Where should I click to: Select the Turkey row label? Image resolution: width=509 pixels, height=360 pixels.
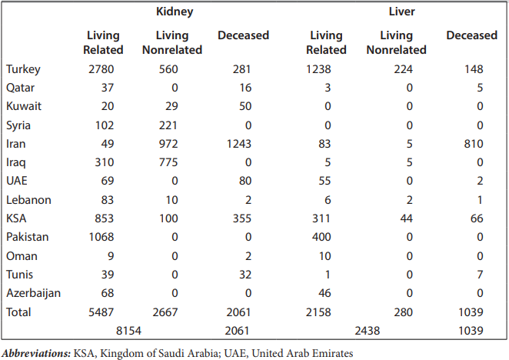pyautogui.click(x=24, y=69)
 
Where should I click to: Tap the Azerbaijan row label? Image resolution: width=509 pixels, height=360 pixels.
pyautogui.click(x=34, y=293)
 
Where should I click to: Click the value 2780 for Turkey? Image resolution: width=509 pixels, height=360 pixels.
pyautogui.click(x=101, y=69)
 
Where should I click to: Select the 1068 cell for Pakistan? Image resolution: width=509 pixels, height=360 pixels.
pyautogui.click(x=101, y=237)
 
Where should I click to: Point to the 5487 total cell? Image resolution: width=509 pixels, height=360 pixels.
pyautogui.click(x=101, y=312)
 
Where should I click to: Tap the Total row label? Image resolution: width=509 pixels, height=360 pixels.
pyautogui.click(x=19, y=312)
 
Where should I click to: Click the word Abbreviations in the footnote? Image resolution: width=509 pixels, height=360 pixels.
pyautogui.click(x=37, y=352)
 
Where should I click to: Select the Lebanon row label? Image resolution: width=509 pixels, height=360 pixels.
pyautogui.click(x=28, y=200)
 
